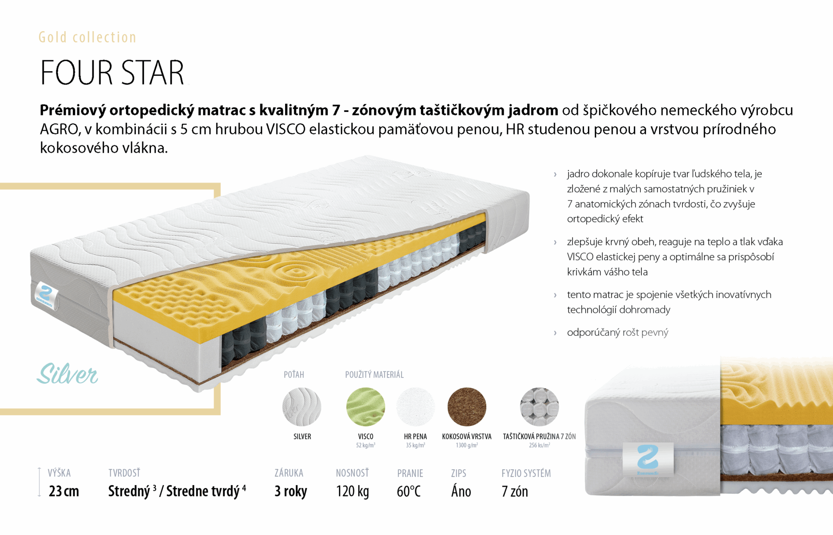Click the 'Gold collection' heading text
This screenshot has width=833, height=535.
pyautogui.click(x=87, y=37)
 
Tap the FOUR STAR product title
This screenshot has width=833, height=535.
pyautogui.click(x=112, y=72)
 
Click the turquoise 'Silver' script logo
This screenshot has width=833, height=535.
pyautogui.click(x=67, y=374)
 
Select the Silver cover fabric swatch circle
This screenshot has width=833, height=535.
pyautogui.click(x=302, y=407)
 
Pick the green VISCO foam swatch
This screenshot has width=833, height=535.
pyautogui.click(x=365, y=407)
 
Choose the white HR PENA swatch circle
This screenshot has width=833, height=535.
pyautogui.click(x=416, y=407)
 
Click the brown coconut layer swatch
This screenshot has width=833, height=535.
pyautogui.click(x=467, y=407)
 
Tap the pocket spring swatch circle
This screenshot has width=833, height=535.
pyautogui.click(x=539, y=407)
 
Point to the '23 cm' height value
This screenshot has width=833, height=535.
pyautogui.click(x=64, y=491)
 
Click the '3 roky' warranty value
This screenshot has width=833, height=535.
pyautogui.click(x=291, y=491)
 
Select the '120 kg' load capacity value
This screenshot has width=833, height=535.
pyautogui.click(x=352, y=491)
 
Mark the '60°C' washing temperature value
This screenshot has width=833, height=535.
pyautogui.click(x=409, y=491)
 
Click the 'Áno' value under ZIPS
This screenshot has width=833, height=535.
pyautogui.click(x=461, y=491)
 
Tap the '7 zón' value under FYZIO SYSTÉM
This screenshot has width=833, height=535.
pyautogui.click(x=515, y=491)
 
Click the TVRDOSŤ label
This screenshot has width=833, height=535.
pyautogui.click(x=125, y=473)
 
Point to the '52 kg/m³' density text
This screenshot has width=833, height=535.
pyautogui.click(x=365, y=445)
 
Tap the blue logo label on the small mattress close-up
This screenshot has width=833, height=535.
pyautogui.click(x=648, y=459)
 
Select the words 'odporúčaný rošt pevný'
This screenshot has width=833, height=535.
pyautogui.click(x=617, y=332)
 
